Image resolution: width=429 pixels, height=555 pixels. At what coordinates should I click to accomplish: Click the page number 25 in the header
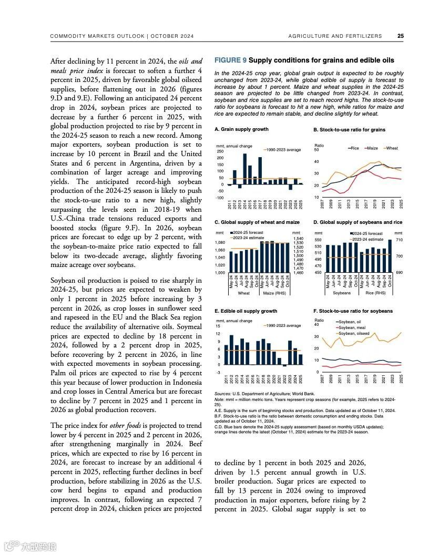tap(401, 36)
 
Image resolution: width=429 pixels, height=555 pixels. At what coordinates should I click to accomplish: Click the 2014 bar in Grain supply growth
tap(244, 169)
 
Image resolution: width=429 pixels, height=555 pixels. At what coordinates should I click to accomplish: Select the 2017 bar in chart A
tap(260, 171)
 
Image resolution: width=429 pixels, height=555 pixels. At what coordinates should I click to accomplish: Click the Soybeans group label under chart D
tap(342, 293)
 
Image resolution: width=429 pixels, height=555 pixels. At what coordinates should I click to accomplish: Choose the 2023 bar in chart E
tap(290, 353)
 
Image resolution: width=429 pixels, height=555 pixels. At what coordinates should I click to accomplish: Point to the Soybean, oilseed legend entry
tap(354, 333)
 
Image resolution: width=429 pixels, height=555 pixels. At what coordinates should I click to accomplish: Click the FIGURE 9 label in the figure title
tap(230, 60)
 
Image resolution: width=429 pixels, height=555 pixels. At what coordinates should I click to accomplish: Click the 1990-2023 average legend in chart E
tap(284, 326)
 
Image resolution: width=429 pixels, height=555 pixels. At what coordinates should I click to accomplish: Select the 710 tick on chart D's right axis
tap(399, 240)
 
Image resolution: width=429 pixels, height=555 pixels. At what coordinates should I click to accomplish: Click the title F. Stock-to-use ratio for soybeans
tap(353, 311)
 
